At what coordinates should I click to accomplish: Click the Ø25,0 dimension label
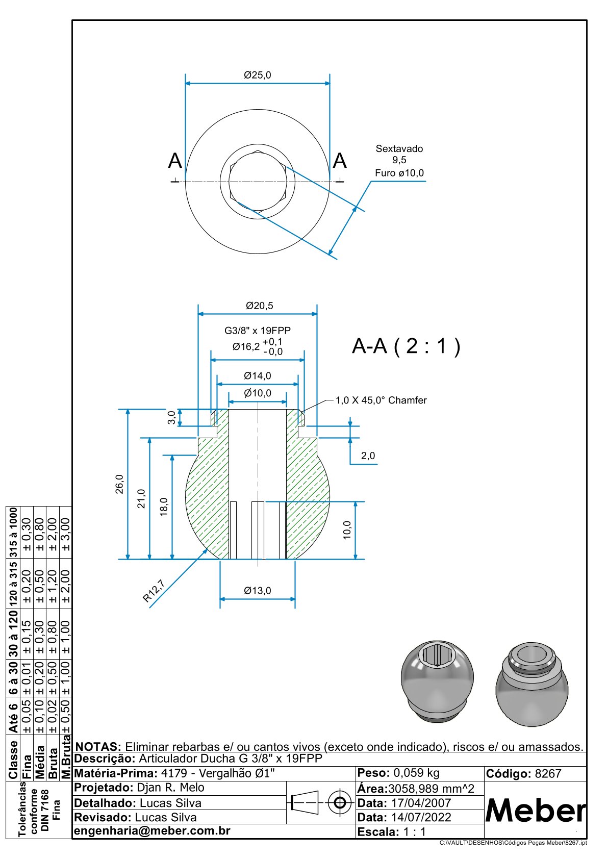click(x=258, y=75)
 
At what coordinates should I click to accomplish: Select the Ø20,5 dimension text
click(x=260, y=306)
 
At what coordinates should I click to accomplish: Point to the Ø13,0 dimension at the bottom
click(x=258, y=591)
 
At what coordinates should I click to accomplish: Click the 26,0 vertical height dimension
click(x=119, y=484)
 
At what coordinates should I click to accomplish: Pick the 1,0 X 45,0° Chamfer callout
click(x=381, y=400)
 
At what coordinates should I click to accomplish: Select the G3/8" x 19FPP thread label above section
click(x=258, y=331)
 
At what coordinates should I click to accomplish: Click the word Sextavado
click(x=399, y=149)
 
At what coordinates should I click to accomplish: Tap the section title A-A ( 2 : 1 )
click(x=406, y=346)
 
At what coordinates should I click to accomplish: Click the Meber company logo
click(x=535, y=810)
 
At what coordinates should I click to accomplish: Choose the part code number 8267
click(x=548, y=774)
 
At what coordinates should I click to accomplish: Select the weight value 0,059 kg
click(x=416, y=773)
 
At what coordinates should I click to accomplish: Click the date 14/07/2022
click(x=421, y=817)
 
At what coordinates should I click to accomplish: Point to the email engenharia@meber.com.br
click(x=152, y=831)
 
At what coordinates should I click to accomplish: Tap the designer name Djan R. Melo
click(x=170, y=788)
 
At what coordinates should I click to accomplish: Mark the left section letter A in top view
click(x=175, y=161)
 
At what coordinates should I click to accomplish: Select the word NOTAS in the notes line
click(x=98, y=747)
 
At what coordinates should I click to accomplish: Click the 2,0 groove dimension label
click(x=368, y=456)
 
